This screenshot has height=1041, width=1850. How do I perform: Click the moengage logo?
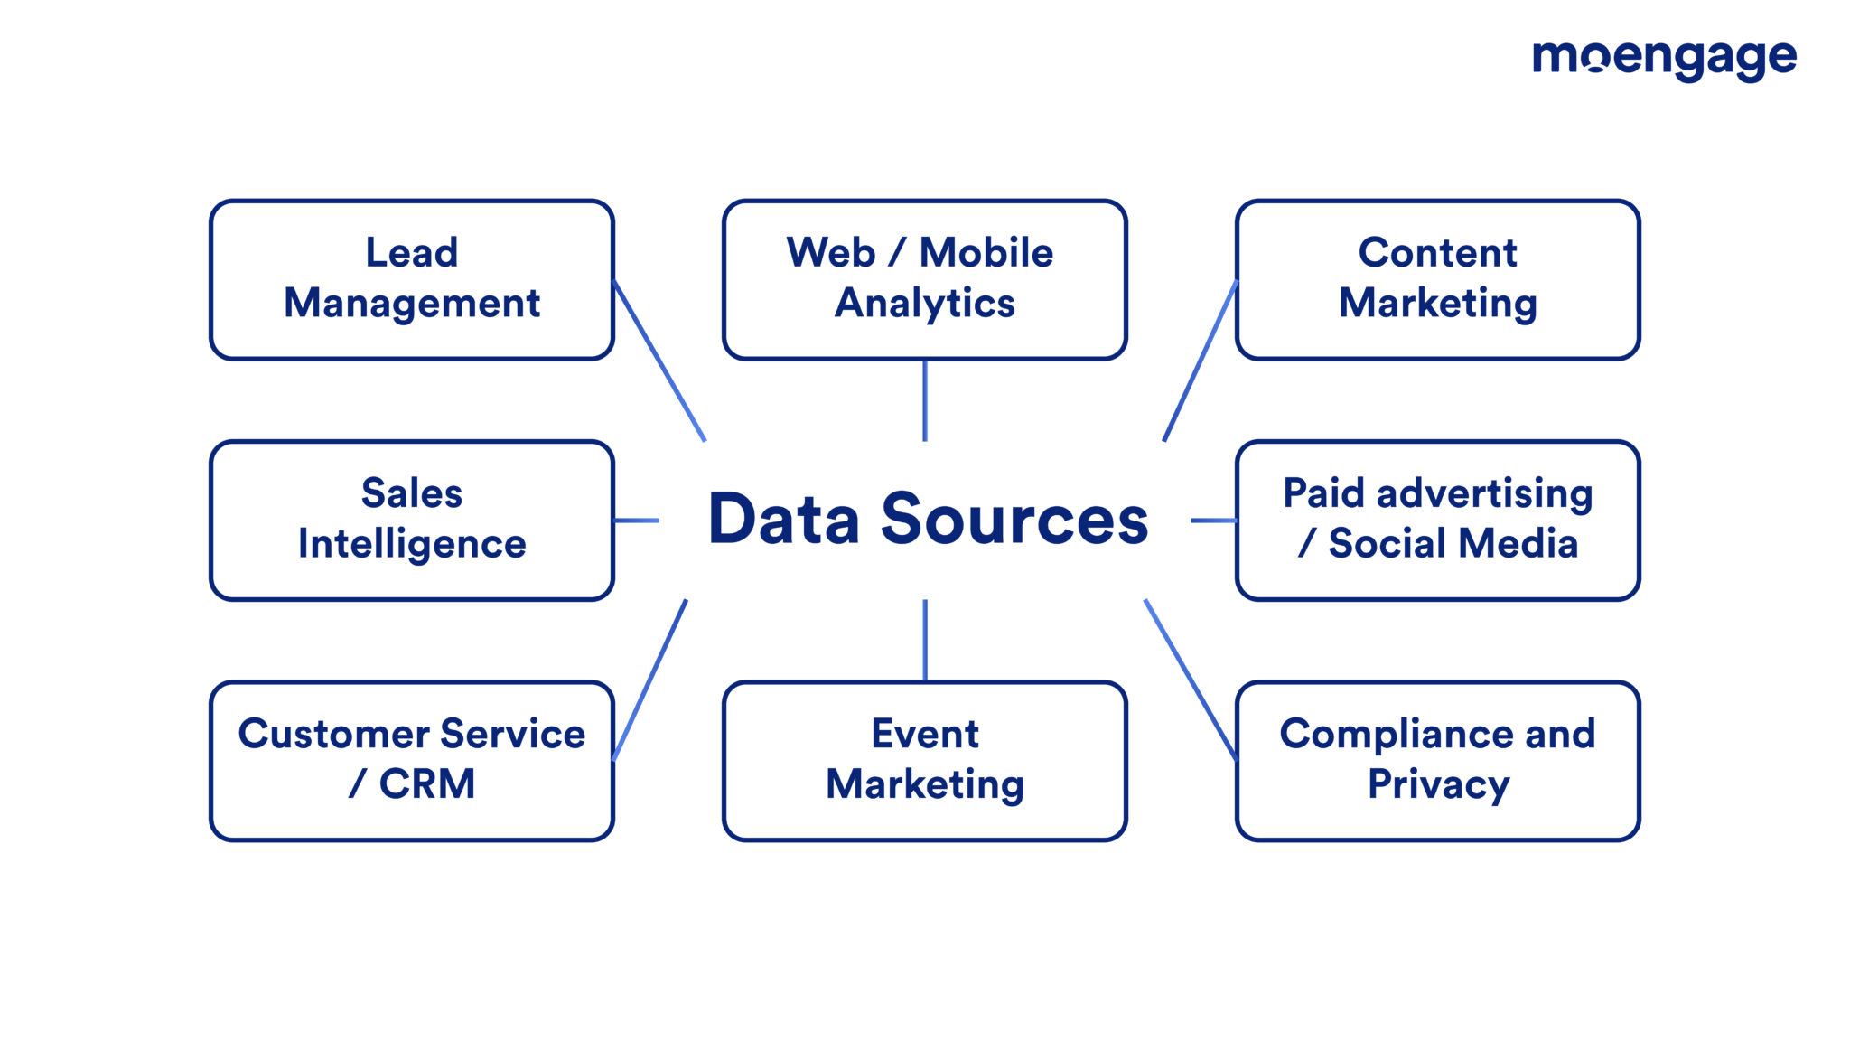point(1664,60)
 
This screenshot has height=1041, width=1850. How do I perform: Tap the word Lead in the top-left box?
point(411,252)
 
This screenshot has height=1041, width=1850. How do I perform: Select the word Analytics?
point(924,304)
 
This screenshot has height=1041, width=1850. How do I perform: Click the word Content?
point(1437,252)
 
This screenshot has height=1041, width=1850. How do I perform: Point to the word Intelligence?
point(412,544)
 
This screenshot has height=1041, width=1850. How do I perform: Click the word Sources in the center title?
point(1014,520)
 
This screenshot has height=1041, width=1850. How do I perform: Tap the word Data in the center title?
point(783,520)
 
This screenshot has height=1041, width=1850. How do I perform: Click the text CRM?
point(426,783)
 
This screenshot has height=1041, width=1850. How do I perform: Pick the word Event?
point(924,733)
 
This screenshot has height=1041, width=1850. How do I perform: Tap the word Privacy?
point(1437,784)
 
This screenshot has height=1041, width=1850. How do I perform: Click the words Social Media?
point(1453,544)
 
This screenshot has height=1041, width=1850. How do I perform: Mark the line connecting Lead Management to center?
point(659,361)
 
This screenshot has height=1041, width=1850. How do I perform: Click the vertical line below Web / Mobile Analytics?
point(924,400)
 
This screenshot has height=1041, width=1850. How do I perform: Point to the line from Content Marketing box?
point(1200,361)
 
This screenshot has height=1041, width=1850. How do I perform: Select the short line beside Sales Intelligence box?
point(636,520)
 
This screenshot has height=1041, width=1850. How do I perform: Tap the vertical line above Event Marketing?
point(924,640)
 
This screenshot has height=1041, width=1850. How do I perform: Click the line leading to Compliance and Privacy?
point(1190,680)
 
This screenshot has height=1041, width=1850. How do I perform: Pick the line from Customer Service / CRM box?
point(649,680)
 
